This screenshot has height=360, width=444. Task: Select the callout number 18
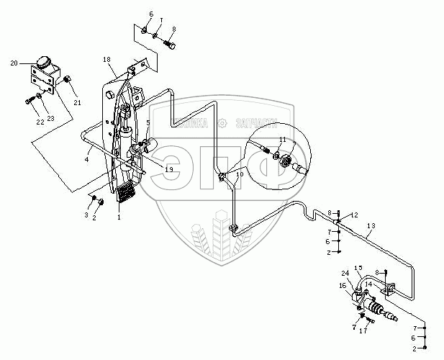click(106, 58)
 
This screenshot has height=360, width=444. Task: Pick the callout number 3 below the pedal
click(86, 215)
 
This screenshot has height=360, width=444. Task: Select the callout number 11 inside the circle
click(283, 139)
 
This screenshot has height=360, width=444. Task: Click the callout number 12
click(353, 215)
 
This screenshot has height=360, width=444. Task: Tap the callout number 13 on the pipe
click(371, 226)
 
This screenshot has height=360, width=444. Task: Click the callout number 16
click(343, 286)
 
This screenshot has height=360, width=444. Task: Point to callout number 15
click(359, 268)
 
